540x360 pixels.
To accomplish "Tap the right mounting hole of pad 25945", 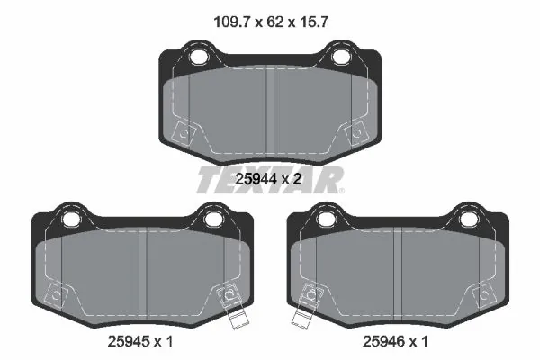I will tap(212, 219).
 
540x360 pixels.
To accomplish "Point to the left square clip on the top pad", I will tap(185, 132).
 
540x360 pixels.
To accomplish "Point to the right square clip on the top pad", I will tap(355, 132).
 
